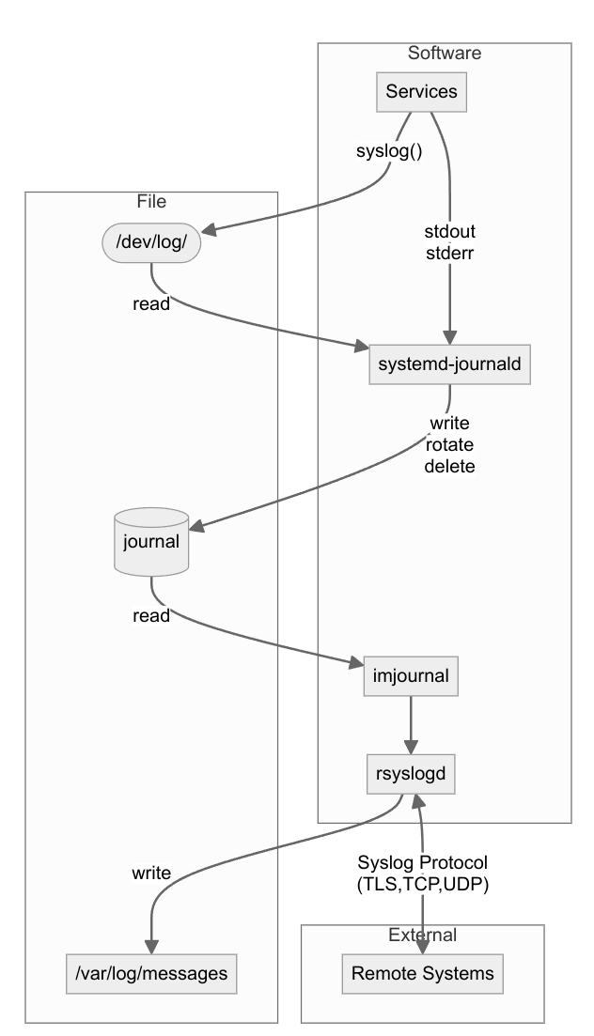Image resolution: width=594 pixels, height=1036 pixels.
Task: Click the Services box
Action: click(x=421, y=92)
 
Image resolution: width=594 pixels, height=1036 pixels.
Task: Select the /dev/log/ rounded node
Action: click(x=150, y=242)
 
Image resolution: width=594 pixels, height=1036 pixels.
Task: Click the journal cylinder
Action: click(x=150, y=541)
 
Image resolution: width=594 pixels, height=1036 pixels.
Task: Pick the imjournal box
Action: click(x=411, y=676)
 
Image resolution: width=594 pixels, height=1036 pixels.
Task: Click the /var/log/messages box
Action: click(x=150, y=973)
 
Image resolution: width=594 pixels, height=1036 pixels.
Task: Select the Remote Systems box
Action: click(x=422, y=973)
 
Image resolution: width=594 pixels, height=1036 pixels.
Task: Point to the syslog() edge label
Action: click(x=388, y=151)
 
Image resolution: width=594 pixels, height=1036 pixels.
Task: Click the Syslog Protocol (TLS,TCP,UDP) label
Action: click(x=422, y=872)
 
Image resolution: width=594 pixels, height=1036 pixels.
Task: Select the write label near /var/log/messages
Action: click(x=151, y=873)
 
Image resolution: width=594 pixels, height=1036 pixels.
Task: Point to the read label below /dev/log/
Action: click(x=151, y=303)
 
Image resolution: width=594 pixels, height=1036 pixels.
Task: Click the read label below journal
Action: click(x=151, y=616)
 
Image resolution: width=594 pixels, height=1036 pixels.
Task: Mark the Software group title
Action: click(x=445, y=54)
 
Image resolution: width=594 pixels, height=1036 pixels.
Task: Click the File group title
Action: click(x=151, y=201)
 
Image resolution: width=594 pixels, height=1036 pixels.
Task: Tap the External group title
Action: click(x=422, y=935)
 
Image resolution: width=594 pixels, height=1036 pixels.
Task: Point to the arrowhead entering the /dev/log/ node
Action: click(x=211, y=230)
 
